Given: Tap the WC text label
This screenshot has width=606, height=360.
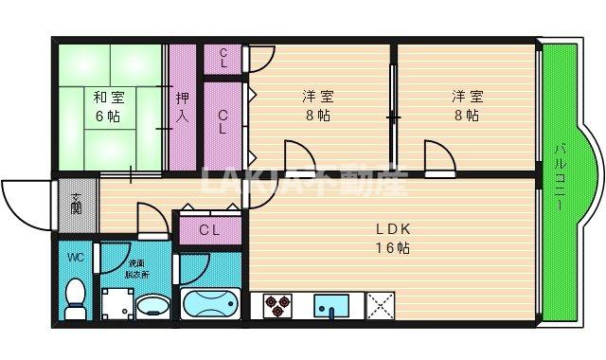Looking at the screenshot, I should click(x=76, y=257).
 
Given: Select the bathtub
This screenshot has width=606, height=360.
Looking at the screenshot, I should click(x=210, y=305).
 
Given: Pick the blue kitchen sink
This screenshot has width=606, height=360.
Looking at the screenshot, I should click(x=332, y=305).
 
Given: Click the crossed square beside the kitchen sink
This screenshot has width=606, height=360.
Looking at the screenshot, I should click(x=381, y=305).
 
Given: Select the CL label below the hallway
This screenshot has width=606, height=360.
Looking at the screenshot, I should click(x=210, y=229).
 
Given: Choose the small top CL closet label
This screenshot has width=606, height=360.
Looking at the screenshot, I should click(x=223, y=57).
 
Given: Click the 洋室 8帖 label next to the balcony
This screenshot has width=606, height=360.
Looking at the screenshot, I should click(x=465, y=105).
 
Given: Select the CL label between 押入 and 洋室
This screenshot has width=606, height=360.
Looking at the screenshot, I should click(x=223, y=123).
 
